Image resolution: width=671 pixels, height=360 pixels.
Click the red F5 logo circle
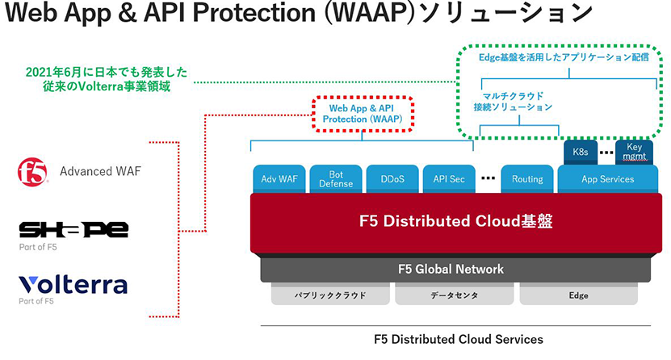click(x=32, y=172)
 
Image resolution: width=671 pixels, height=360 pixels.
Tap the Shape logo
click(x=73, y=229)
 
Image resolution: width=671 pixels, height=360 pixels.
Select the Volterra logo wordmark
click(x=73, y=285)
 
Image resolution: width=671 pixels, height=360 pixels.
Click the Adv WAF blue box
click(x=279, y=179)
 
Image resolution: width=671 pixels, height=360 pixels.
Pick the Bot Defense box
click(x=336, y=179)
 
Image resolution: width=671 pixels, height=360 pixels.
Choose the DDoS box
click(x=392, y=179)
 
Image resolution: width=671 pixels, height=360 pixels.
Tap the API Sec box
click(x=449, y=179)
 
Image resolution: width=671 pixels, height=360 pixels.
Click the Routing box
click(x=527, y=179)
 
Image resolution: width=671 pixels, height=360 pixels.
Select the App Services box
click(x=608, y=179)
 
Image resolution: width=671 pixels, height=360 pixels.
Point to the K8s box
click(x=581, y=153)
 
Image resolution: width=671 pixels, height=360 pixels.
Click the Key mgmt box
click(x=634, y=153)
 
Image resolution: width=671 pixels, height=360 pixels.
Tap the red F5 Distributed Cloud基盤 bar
click(x=456, y=222)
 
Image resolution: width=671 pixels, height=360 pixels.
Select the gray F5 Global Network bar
click(x=455, y=269)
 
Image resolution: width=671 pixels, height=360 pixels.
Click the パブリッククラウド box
click(x=330, y=295)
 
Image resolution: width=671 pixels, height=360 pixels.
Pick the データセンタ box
click(x=455, y=295)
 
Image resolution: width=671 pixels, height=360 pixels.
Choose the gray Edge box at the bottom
click(x=579, y=295)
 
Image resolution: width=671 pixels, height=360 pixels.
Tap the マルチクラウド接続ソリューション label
click(x=513, y=102)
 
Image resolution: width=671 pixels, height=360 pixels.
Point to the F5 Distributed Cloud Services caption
click(x=459, y=340)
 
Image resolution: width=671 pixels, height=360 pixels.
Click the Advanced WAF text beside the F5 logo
click(x=100, y=171)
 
